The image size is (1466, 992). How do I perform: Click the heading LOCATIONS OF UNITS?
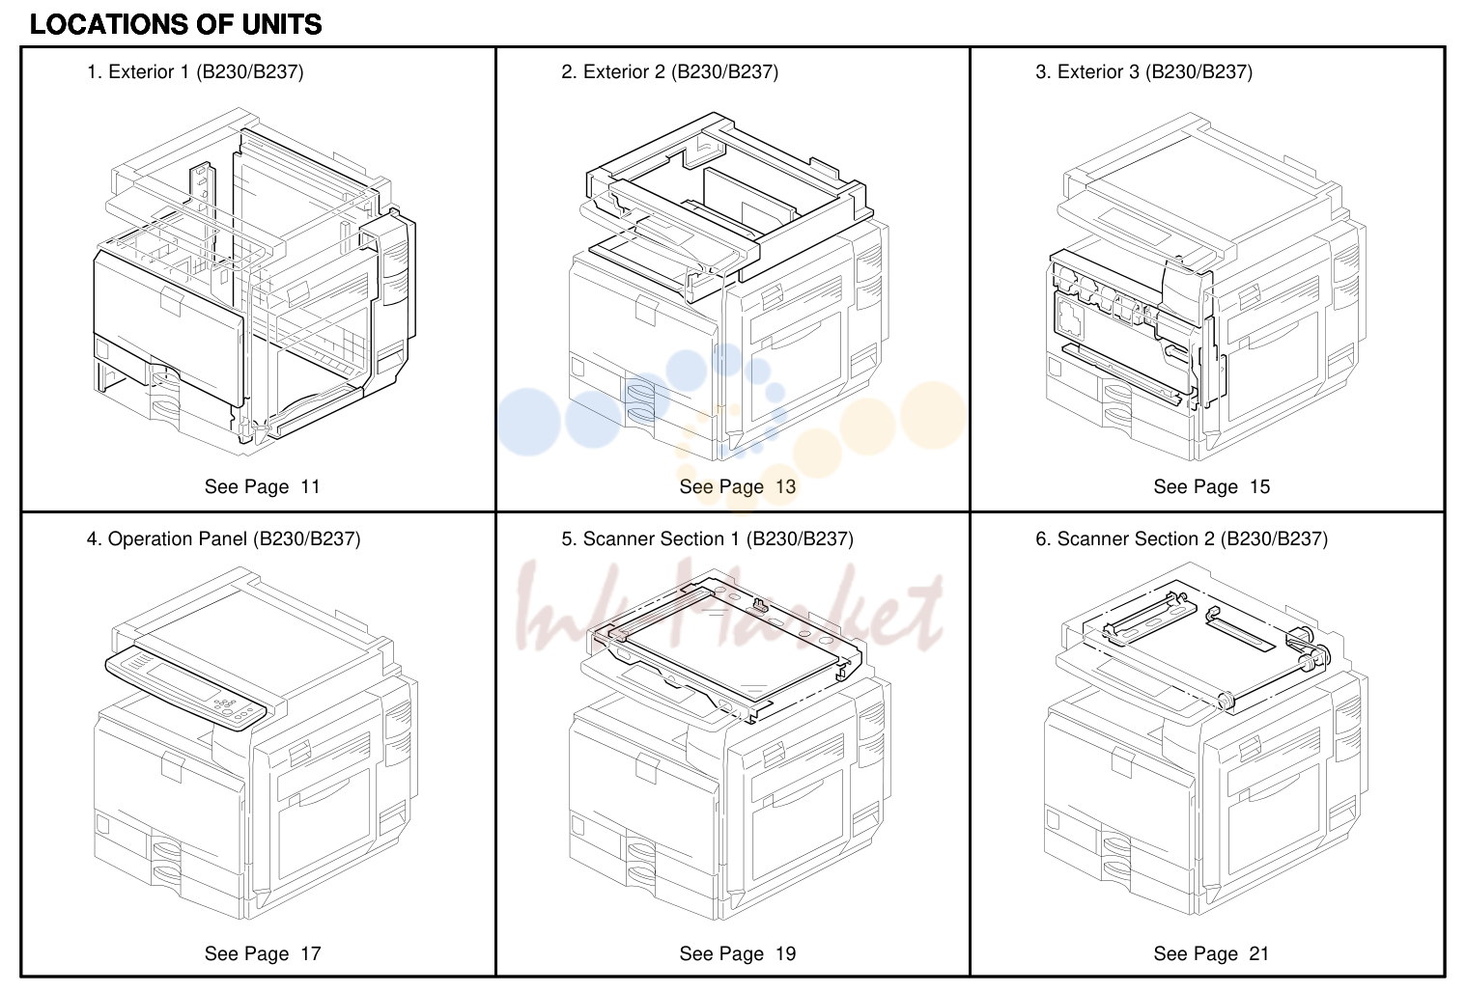pyautogui.click(x=176, y=25)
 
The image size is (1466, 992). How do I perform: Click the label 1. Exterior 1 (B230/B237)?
pyautogui.click(x=195, y=72)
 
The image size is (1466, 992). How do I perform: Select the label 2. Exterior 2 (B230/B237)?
pyautogui.click(x=669, y=72)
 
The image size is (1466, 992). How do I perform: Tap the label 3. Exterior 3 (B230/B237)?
pyautogui.click(x=1143, y=72)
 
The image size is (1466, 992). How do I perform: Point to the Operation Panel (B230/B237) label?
pyautogui.click(x=223, y=538)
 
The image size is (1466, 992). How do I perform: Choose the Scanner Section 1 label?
pyautogui.click(x=707, y=538)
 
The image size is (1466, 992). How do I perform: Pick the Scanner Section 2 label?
pyautogui.click(x=1181, y=538)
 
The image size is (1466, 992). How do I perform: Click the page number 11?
pyautogui.click(x=310, y=486)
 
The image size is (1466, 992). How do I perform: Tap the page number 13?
pyautogui.click(x=785, y=486)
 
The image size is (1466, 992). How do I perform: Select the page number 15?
pyautogui.click(x=1259, y=486)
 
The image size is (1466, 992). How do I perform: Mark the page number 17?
pyautogui.click(x=310, y=953)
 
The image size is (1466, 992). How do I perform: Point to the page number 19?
pyautogui.click(x=785, y=953)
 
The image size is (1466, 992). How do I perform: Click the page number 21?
pyautogui.click(x=1259, y=953)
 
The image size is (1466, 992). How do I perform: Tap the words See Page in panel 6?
pyautogui.click(x=1195, y=953)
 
